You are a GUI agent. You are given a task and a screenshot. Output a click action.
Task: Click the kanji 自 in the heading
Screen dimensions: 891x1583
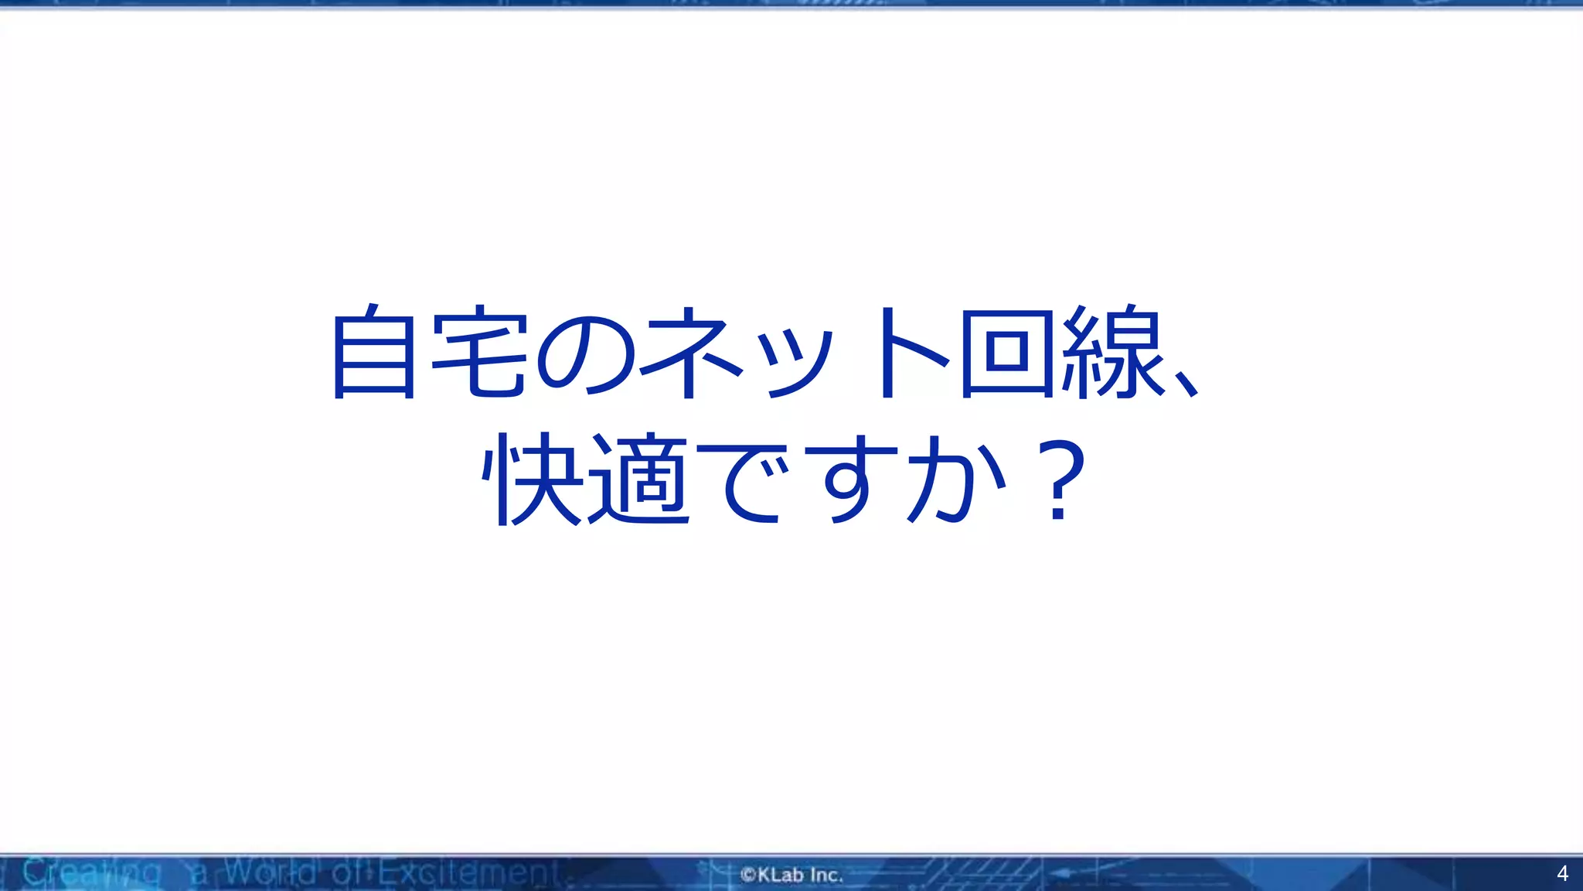[x=374, y=353]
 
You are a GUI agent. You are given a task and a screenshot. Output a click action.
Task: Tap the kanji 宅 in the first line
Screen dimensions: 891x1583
[x=479, y=353]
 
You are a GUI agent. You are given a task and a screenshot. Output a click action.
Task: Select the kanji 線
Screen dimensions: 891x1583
[x=1113, y=353]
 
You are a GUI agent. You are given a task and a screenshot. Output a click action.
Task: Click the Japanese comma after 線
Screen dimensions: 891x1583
[x=1186, y=383]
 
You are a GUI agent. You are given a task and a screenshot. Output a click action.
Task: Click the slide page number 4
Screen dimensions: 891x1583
[x=1562, y=874]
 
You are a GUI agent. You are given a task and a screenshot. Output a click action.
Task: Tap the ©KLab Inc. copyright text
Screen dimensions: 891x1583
[x=791, y=875]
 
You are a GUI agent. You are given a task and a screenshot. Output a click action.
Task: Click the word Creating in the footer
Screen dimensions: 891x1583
[x=91, y=873]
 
